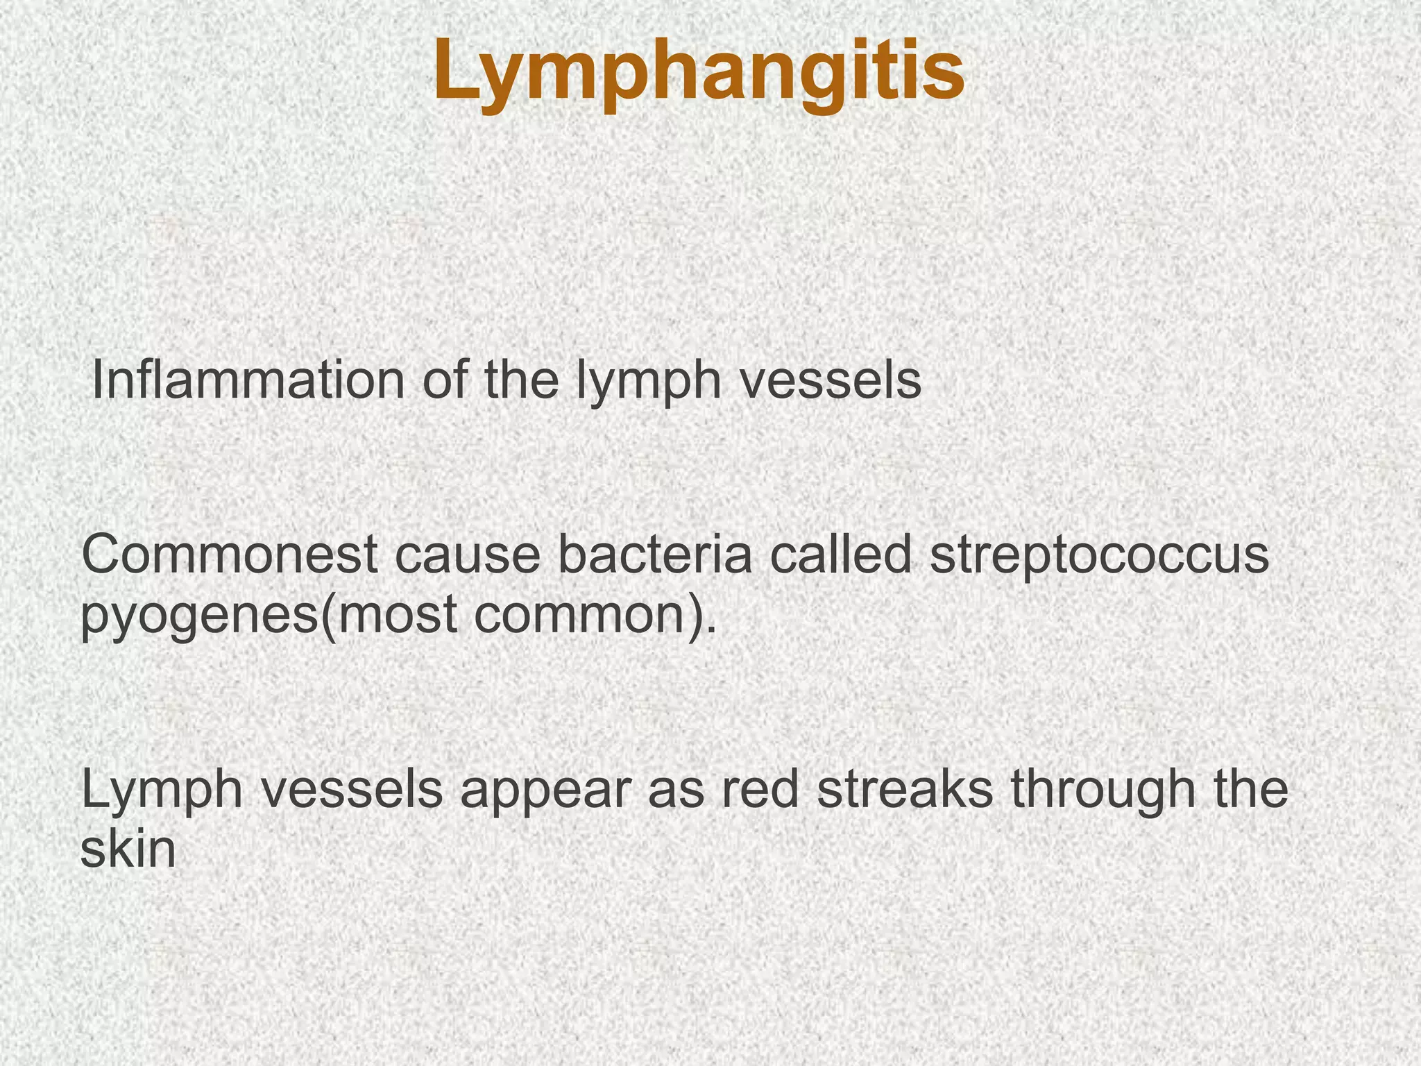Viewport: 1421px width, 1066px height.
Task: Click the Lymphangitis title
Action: [x=699, y=74]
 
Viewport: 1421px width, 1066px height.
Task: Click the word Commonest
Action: [x=230, y=556]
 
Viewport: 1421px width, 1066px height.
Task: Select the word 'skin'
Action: [x=128, y=850]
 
